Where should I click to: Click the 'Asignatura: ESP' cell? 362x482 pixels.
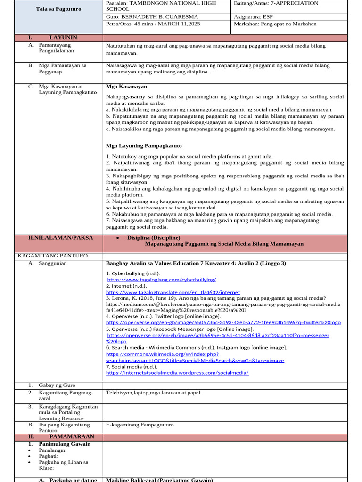pyautogui.click(x=253, y=16)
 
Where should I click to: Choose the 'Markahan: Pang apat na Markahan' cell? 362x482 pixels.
pyautogui.click(x=275, y=24)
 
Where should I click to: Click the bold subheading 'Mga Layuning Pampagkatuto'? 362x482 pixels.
pyautogui.click(x=144, y=145)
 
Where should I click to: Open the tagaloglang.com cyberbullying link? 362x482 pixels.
pyautogui.click(x=162, y=280)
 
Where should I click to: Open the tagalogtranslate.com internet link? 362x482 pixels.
pyautogui.click(x=173, y=292)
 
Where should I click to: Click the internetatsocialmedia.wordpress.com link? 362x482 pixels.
pyautogui.click(x=177, y=372)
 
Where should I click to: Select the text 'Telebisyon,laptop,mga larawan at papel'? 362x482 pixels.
pyautogui.click(x=153, y=393)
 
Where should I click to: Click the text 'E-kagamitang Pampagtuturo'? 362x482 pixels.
pyautogui.click(x=140, y=425)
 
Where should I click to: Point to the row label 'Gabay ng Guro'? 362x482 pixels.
pyautogui.click(x=57, y=385)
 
